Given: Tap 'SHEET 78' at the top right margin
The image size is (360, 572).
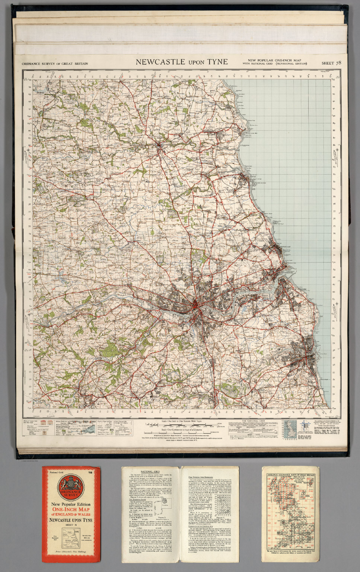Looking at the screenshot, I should click(x=331, y=63).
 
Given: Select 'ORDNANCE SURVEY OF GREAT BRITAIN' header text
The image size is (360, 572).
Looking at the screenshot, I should click(x=55, y=64).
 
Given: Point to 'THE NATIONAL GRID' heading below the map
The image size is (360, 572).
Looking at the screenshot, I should click(x=253, y=420).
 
